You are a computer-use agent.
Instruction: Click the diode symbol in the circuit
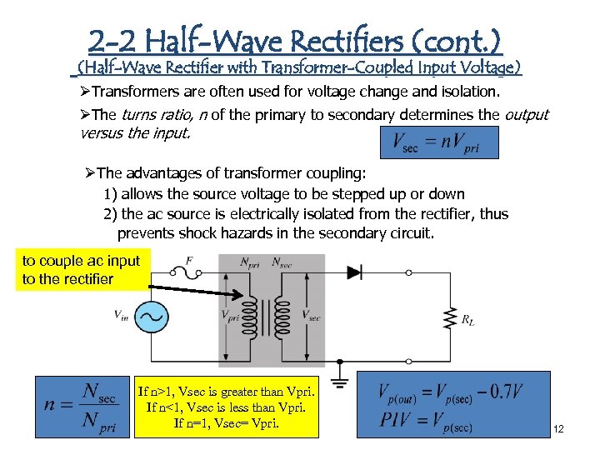coord(353,271)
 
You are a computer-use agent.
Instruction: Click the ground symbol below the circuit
coord(340,382)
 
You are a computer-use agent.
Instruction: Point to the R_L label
coord(469,317)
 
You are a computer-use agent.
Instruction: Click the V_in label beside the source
coord(121,315)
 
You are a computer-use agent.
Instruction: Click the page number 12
coord(558,429)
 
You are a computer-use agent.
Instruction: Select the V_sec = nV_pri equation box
coord(438,142)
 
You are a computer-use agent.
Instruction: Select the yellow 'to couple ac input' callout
coord(81,269)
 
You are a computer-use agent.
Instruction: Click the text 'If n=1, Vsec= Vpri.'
coord(226,422)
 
